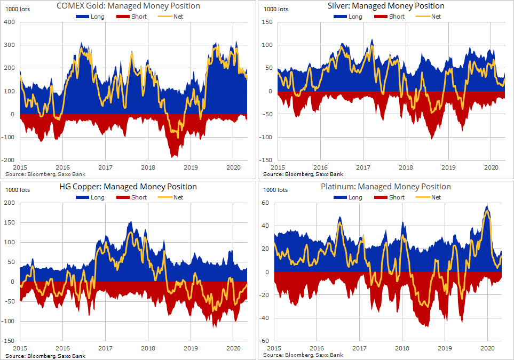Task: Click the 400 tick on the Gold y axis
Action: [x=9, y=22]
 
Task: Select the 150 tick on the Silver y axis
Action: [x=267, y=22]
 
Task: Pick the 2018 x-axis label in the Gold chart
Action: [x=148, y=167]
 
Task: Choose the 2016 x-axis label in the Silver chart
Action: [x=320, y=167]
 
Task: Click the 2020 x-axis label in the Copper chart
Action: [x=233, y=348]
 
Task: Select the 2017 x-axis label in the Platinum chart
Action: [x=359, y=348]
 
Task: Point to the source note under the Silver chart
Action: [x=303, y=174]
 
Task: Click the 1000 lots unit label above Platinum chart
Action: [x=275, y=190]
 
